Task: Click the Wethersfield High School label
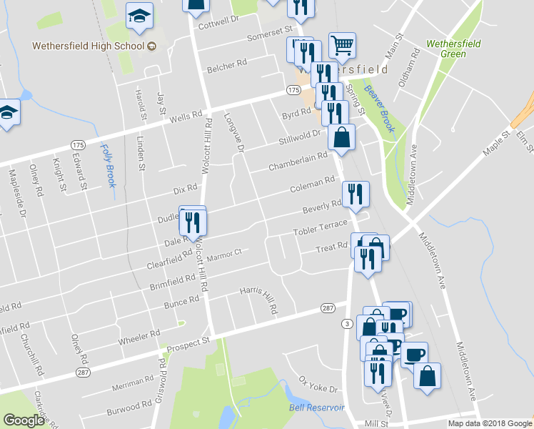(87, 46)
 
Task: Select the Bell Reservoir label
(317, 408)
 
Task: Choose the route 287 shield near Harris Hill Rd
(328, 308)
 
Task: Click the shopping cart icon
(343, 45)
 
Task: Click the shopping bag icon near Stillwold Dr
(343, 137)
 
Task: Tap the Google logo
(24, 420)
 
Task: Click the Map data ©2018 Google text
(489, 423)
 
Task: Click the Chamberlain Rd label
(298, 161)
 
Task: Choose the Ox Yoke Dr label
(318, 384)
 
